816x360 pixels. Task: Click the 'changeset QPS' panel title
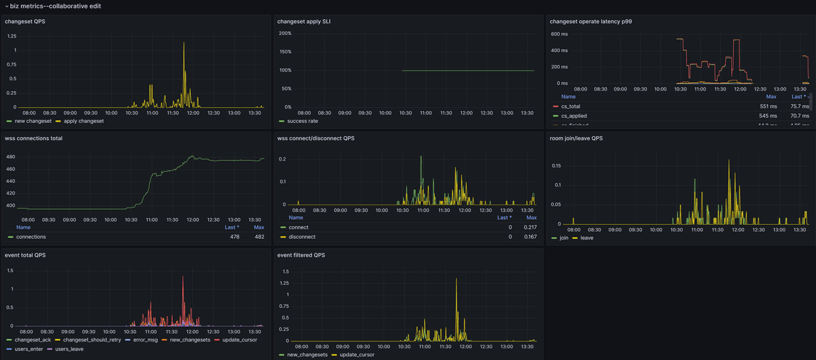(x=25, y=22)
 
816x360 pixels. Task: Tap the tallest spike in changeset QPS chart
(x=184, y=43)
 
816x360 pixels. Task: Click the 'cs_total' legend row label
(x=571, y=106)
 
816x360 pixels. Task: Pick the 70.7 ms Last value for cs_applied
(x=800, y=116)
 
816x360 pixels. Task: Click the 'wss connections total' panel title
(x=33, y=138)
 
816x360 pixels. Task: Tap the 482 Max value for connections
(x=259, y=237)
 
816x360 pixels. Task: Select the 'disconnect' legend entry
(x=302, y=237)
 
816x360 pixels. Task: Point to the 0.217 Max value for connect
(x=530, y=227)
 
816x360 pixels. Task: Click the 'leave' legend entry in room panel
(x=586, y=238)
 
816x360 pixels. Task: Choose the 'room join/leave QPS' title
(x=576, y=138)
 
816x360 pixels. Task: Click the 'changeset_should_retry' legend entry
(x=92, y=340)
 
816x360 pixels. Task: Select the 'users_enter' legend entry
(x=30, y=349)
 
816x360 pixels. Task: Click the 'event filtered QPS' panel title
(x=301, y=255)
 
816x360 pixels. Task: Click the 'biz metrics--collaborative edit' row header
(x=55, y=6)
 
